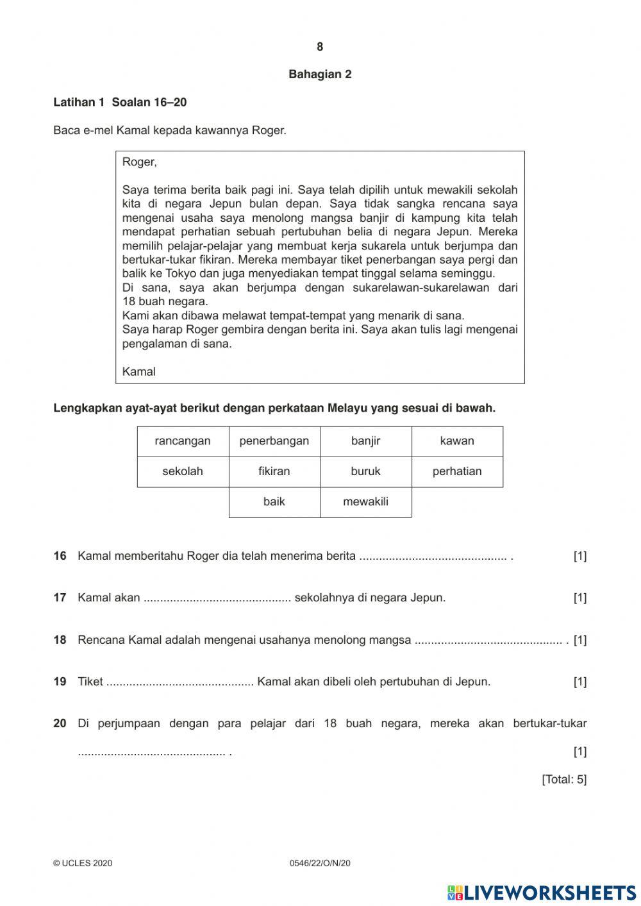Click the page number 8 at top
(x=320, y=47)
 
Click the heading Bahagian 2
(x=320, y=74)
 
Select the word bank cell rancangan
(x=183, y=441)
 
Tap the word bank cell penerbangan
(x=274, y=441)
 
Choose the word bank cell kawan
(x=457, y=441)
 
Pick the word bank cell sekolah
(x=183, y=471)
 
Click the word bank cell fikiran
(x=274, y=471)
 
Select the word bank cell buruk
(x=365, y=471)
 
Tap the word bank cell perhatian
(x=457, y=471)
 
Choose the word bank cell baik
(x=274, y=502)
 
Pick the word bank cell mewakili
(x=365, y=502)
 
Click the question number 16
(x=60, y=556)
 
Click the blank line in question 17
(x=217, y=599)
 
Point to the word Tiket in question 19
(x=90, y=682)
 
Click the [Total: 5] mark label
(x=564, y=780)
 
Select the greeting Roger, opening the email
(x=139, y=162)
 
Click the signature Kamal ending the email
(x=138, y=372)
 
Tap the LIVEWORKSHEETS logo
(x=542, y=892)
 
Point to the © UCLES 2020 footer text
(x=83, y=864)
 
